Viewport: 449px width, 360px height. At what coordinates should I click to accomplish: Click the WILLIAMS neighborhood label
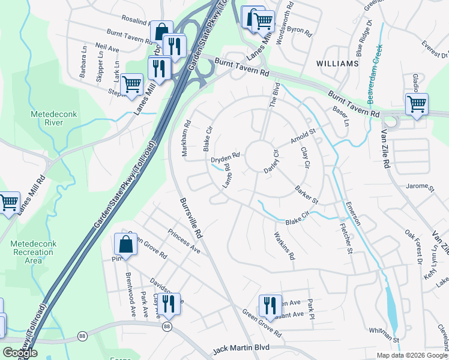(338, 63)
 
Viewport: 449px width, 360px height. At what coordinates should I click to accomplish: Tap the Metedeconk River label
(46, 118)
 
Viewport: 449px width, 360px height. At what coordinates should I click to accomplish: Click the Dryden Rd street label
(225, 158)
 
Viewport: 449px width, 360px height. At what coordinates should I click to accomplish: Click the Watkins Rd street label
(284, 246)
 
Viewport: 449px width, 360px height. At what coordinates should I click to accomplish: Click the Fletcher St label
(345, 238)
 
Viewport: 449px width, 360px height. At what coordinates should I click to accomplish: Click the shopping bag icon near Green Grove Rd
(125, 244)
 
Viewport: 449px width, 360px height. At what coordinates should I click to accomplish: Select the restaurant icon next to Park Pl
(270, 305)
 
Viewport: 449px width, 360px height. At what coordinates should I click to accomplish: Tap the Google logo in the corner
(20, 353)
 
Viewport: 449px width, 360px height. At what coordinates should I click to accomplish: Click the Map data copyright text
(412, 355)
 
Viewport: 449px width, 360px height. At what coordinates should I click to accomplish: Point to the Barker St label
(306, 194)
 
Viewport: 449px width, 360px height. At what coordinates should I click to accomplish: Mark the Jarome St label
(420, 187)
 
